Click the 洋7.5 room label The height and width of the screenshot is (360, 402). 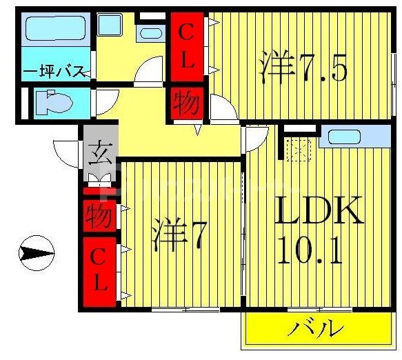click(302, 68)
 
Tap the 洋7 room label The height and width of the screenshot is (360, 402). click(178, 235)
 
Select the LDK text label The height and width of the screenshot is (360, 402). click(319, 212)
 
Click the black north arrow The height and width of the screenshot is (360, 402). click(36, 254)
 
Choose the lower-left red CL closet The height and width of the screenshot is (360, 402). click(100, 272)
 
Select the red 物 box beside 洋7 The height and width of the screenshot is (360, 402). click(100, 217)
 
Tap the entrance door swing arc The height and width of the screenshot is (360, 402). click(66, 152)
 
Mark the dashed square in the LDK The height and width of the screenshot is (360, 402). click(298, 149)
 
